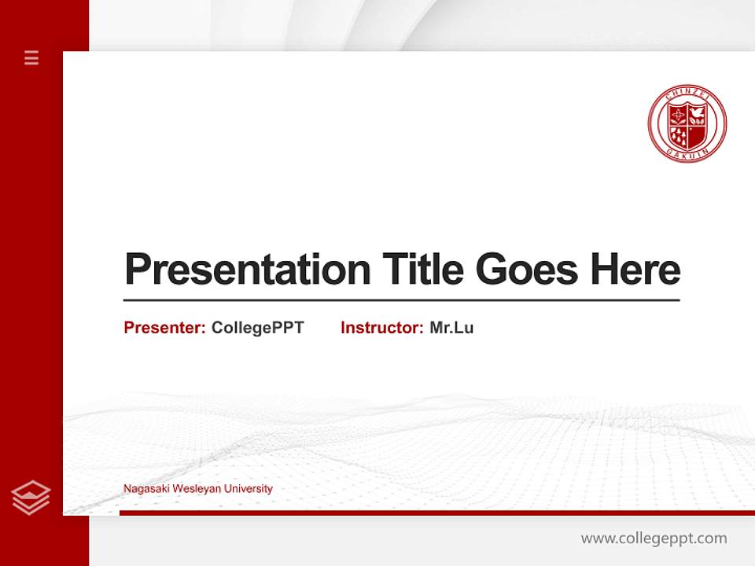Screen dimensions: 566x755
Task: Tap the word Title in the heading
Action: tap(422, 270)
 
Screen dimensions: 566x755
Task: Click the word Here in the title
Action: tap(635, 270)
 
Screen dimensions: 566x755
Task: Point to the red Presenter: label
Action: tap(164, 328)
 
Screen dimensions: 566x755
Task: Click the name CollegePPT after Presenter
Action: tap(257, 328)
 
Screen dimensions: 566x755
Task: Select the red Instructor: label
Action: tap(381, 328)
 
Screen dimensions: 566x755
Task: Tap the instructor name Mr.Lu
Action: tap(451, 328)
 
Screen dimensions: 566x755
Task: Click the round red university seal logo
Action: tap(687, 123)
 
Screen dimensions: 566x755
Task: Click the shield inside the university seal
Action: tap(687, 125)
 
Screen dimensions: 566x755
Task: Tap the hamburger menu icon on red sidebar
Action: tap(31, 57)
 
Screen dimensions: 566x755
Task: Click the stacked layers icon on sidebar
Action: tap(31, 497)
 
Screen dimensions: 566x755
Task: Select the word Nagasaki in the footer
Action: tap(145, 489)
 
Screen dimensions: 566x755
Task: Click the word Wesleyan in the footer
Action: tap(195, 489)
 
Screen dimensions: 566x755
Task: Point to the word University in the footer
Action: tap(248, 489)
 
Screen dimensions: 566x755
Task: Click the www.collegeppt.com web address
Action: tap(654, 538)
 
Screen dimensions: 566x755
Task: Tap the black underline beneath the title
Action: tap(401, 300)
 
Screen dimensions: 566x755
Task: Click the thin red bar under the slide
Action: tap(436, 513)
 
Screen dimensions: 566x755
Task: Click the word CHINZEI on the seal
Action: tap(687, 94)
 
